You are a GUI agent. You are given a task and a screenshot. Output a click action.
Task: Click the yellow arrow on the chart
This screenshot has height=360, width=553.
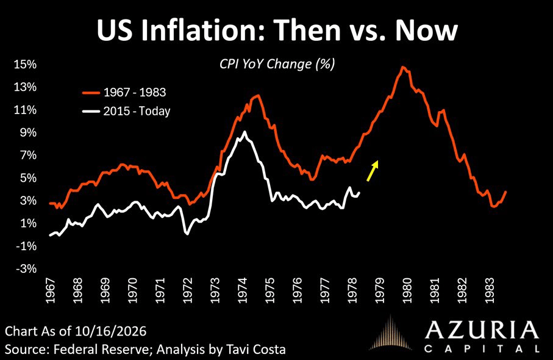pos(373,171)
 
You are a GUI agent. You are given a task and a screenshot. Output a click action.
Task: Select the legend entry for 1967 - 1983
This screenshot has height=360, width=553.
pos(124,93)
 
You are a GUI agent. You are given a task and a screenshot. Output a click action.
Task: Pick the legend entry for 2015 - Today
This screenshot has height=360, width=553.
pos(126,111)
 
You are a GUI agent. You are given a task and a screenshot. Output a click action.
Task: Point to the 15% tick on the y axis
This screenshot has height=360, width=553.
pos(25,64)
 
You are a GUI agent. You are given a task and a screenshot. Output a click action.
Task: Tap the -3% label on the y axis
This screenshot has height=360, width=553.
pos(26,269)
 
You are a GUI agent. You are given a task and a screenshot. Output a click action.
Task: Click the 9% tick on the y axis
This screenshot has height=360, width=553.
pos(28,132)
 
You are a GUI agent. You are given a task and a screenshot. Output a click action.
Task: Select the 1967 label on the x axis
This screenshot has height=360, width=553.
pos(51,290)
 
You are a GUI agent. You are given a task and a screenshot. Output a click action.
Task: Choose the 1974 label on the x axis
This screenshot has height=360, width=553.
pos(243,290)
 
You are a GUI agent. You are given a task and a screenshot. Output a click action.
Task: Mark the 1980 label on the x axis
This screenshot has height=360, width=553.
pos(407,290)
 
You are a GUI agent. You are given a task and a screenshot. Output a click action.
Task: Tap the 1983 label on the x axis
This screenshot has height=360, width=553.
pos(490,290)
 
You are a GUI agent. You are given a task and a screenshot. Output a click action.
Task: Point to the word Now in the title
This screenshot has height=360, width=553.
pos(426,30)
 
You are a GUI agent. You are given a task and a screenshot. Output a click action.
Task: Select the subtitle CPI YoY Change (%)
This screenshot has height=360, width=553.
pos(277,64)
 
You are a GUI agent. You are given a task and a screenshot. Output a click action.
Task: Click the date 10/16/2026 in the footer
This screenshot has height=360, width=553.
pos(110,331)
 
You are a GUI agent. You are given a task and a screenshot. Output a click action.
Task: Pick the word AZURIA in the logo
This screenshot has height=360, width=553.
pos(482,331)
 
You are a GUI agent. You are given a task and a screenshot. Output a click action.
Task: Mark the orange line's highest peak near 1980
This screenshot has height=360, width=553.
pos(403,67)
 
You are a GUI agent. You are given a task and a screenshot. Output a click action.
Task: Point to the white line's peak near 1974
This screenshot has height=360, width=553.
pos(244,132)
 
